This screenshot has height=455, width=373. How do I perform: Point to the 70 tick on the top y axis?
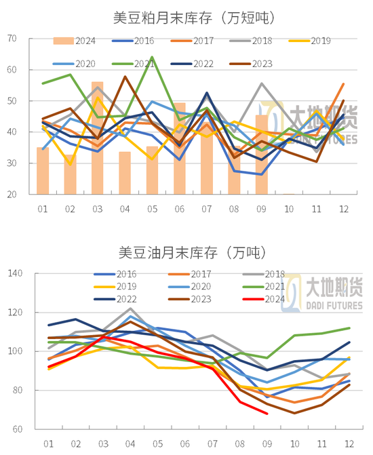point(12,39)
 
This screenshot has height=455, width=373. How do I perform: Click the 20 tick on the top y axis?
point(12,195)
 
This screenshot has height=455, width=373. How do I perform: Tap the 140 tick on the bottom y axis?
point(14,274)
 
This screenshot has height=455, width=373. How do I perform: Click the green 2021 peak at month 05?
point(152,58)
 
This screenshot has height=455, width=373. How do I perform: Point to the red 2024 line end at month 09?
point(267,413)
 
